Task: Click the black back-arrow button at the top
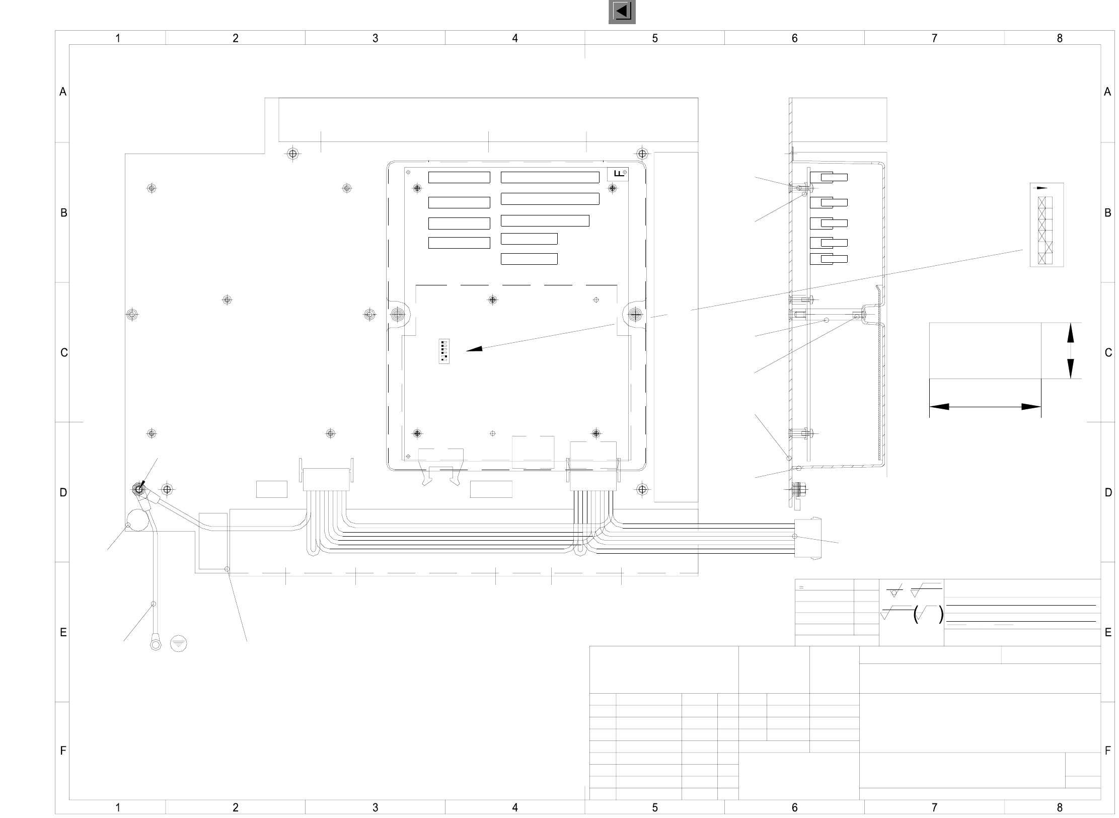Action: [x=622, y=11]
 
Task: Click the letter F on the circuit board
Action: [x=619, y=174]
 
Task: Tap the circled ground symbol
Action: [x=179, y=644]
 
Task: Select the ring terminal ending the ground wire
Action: [x=156, y=644]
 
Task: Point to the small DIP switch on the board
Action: [x=443, y=351]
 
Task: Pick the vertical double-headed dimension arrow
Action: [x=1070, y=350]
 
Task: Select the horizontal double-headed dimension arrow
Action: [x=985, y=407]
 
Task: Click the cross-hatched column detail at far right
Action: [x=1045, y=230]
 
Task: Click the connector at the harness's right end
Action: [x=807, y=538]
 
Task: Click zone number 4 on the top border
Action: [x=514, y=38]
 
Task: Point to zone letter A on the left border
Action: [x=63, y=92]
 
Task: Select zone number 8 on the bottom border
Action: [x=1059, y=807]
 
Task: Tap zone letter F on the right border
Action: [x=1107, y=751]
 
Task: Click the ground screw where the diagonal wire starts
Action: [x=138, y=489]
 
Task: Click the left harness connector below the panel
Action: [x=326, y=479]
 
